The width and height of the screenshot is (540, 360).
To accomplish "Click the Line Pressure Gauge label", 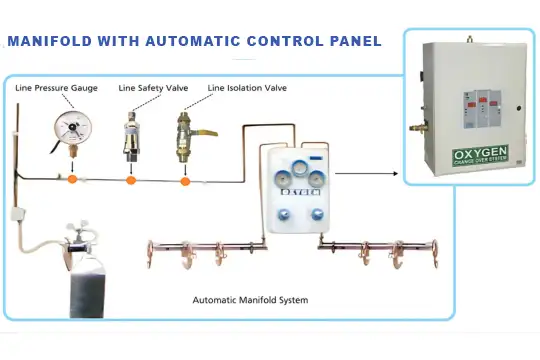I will [57, 89].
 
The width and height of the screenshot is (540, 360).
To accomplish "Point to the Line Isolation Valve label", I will [247, 89].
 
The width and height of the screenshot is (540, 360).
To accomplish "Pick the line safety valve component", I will [131, 135].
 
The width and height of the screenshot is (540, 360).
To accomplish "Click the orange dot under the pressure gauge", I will [72, 180].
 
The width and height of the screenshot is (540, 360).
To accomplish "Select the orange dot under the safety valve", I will [131, 181].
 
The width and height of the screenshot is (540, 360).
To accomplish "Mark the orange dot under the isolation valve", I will [185, 181].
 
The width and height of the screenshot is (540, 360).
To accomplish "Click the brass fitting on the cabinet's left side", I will [412, 128].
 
